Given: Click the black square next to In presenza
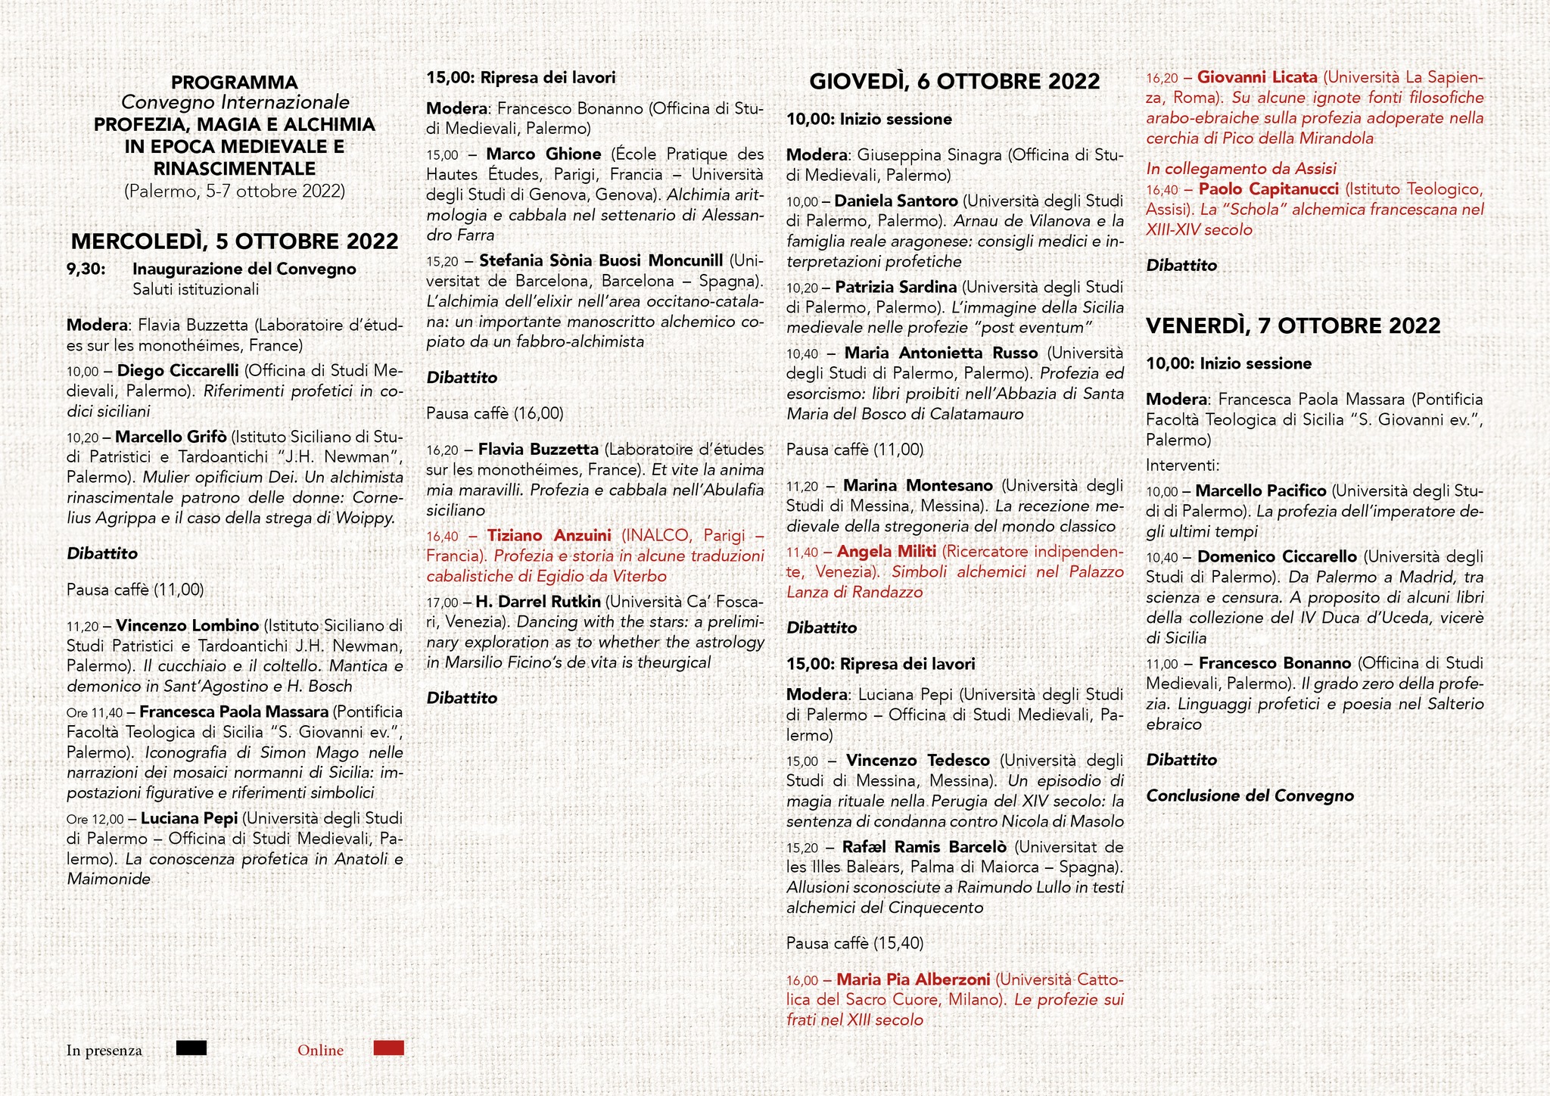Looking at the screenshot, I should [191, 1048].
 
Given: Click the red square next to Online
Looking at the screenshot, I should [389, 1048].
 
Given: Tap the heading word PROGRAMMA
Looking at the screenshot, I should [235, 83].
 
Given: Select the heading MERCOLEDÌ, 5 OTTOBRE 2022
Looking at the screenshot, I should [235, 241].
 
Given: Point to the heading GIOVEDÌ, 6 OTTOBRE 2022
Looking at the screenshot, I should [954, 82].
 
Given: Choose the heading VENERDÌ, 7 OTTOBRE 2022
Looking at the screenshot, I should [1293, 325].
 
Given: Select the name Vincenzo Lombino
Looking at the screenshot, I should [188, 626].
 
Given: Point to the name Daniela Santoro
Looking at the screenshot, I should [896, 201].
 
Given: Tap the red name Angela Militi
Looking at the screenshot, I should [886, 552].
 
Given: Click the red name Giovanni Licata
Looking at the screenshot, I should [1257, 78].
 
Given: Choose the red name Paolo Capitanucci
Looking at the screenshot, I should [1268, 189].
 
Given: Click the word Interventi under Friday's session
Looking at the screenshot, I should [1182, 465].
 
